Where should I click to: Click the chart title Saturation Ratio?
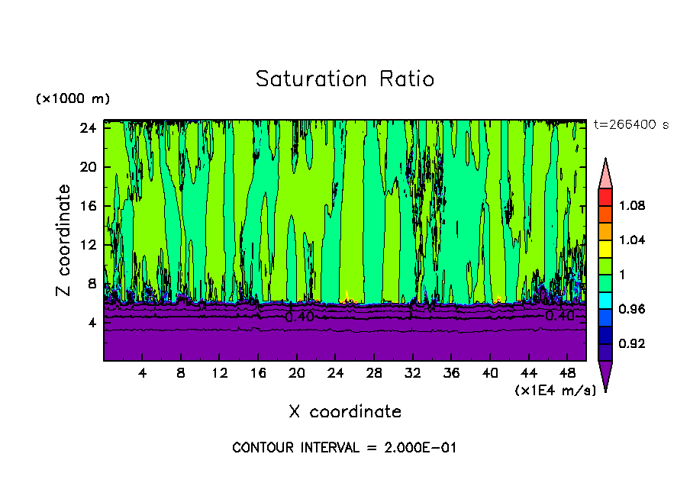pos(344,79)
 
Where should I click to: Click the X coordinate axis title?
pos(344,412)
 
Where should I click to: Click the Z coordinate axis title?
pos(63,240)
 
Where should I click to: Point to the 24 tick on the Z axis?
pos(86,127)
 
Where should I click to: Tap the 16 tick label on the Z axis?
pos(86,205)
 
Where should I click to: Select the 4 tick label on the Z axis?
pos(90,322)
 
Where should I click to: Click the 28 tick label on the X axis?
pos(374,374)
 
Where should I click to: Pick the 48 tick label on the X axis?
pos(567,374)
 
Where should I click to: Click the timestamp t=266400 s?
pos(630,124)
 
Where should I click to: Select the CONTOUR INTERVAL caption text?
pos(344,448)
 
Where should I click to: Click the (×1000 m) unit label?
pos(73,99)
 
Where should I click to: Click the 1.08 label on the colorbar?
pos(633,206)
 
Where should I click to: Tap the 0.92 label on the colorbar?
pos(633,344)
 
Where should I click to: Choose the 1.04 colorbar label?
pos(633,240)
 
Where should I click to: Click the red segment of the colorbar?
pos(605,197)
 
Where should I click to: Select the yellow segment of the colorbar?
pos(605,248)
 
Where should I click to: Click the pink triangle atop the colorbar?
pos(605,174)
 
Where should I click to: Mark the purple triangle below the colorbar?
pos(605,374)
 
